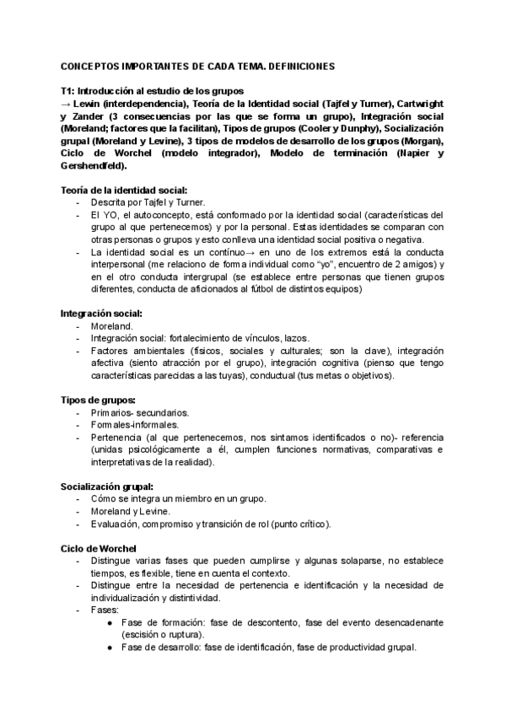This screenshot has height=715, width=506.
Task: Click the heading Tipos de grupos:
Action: click(98, 400)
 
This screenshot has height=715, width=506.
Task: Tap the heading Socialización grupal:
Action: click(107, 487)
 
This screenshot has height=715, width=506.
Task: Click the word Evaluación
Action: click(116, 524)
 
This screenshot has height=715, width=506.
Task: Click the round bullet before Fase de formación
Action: click(112, 622)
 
